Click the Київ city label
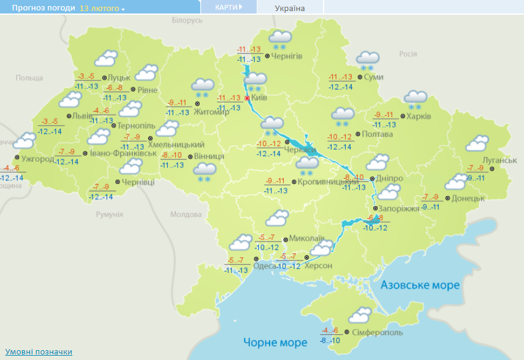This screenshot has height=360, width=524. click(259, 98)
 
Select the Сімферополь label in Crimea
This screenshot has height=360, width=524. click(378, 332)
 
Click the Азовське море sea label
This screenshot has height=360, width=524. click(420, 285)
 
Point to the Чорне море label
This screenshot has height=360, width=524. click(275, 342)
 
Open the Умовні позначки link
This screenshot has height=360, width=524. click(39, 351)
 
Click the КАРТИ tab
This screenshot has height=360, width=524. click(228, 7)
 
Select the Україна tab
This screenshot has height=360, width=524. click(290, 8)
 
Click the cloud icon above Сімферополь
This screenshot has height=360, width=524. click(360, 315)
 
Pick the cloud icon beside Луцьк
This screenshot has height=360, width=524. click(105, 59)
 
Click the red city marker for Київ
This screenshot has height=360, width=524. click(247, 98)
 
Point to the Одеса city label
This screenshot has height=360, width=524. click(265, 266)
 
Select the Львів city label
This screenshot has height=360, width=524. click(83, 115)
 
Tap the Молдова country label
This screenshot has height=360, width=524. click(182, 215)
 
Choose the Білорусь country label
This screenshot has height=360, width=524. click(187, 20)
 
